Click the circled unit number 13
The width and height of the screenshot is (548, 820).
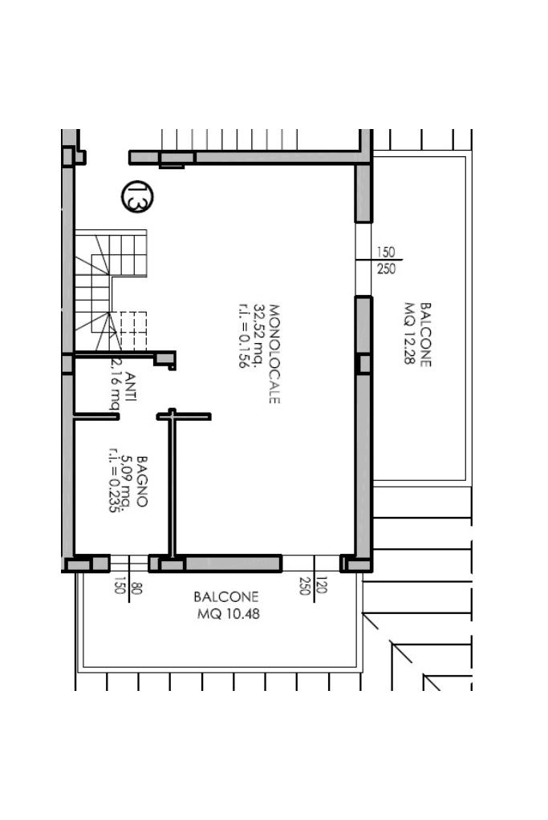(138, 196)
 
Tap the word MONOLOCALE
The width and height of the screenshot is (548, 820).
(274, 354)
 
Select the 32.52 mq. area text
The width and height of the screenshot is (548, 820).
(259, 337)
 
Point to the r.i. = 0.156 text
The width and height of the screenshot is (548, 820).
(243, 337)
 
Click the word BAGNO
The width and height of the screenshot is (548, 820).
(142, 481)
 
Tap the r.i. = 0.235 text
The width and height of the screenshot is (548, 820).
(114, 480)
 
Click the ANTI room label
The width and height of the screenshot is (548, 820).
(131, 386)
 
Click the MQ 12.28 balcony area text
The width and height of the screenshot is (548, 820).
(410, 333)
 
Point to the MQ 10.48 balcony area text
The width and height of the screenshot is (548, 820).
(228, 613)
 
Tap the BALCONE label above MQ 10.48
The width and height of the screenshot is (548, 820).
(226, 596)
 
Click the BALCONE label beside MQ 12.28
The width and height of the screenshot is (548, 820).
(425, 335)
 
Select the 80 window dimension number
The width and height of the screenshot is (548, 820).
(137, 588)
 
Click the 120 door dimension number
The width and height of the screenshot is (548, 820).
(322, 584)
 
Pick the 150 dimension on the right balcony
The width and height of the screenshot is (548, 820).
(386, 252)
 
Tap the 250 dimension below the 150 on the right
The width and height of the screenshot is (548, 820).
(386, 269)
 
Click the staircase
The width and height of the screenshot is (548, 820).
(111, 290)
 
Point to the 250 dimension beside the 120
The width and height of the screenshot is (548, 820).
(305, 585)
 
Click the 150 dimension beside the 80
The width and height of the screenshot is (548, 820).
(120, 585)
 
